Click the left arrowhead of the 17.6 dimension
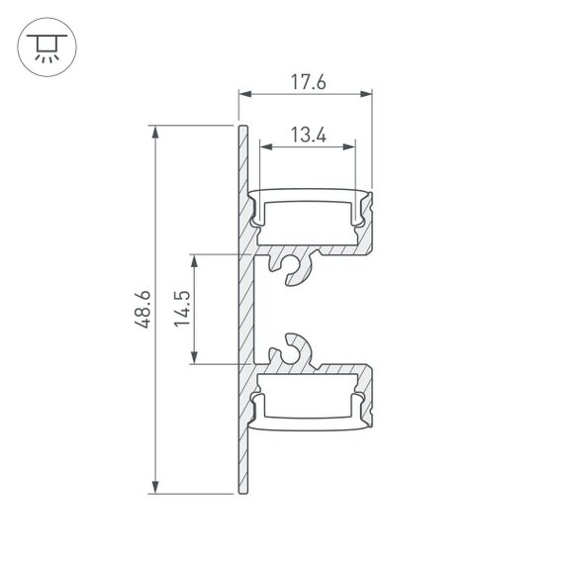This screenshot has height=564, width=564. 242,95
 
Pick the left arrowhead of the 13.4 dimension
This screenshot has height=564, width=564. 264,146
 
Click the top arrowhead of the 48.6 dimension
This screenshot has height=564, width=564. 154,130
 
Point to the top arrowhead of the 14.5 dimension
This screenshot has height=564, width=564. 196,259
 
